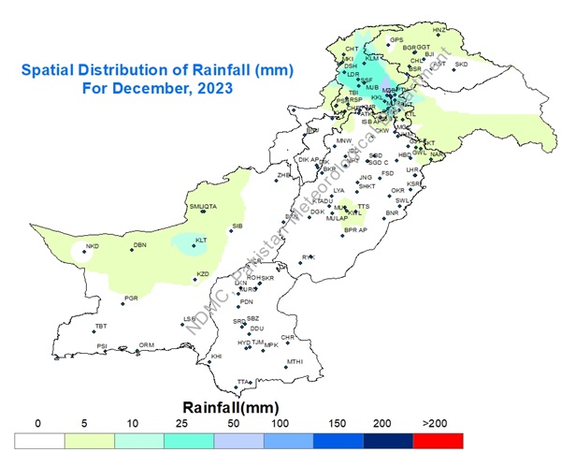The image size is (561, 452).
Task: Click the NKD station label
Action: point(92,246)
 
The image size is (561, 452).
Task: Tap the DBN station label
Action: point(140,245)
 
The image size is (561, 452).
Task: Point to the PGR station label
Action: point(131,298)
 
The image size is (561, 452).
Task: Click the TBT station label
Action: point(101,326)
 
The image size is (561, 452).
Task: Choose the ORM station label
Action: point(147,345)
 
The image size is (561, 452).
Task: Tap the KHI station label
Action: point(216,357)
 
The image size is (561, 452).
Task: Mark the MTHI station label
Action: point(295,362)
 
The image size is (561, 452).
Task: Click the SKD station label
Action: point(461,65)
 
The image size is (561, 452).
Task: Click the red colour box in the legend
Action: point(439,438)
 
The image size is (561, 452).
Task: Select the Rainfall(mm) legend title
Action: point(226,407)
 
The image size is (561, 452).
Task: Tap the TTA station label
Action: point(243,382)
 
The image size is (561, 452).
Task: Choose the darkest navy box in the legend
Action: point(389,438)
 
